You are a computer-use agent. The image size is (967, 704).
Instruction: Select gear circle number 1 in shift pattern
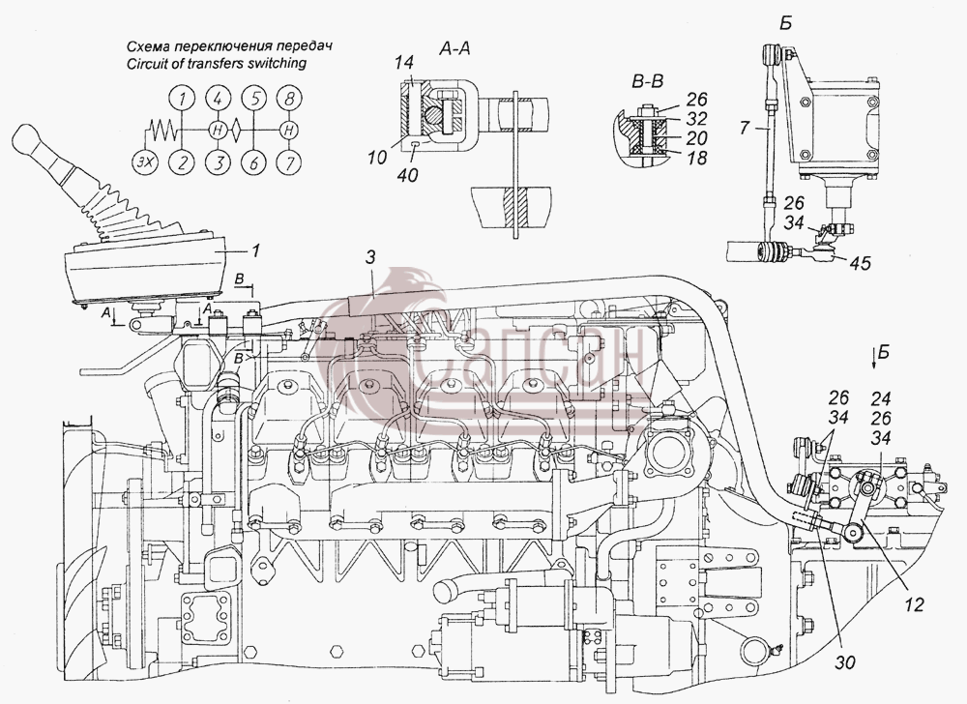182,99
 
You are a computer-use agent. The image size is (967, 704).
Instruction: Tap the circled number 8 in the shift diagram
288,99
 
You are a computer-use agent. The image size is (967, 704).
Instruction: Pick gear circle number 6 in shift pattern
253,162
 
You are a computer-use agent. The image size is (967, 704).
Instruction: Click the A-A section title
454,48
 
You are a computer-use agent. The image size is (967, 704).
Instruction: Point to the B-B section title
647,81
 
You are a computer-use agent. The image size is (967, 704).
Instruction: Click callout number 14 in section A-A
405,62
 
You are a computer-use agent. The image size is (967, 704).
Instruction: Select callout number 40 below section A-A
408,176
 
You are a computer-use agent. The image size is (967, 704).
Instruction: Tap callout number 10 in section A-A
377,158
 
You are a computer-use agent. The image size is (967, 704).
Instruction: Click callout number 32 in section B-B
696,118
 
